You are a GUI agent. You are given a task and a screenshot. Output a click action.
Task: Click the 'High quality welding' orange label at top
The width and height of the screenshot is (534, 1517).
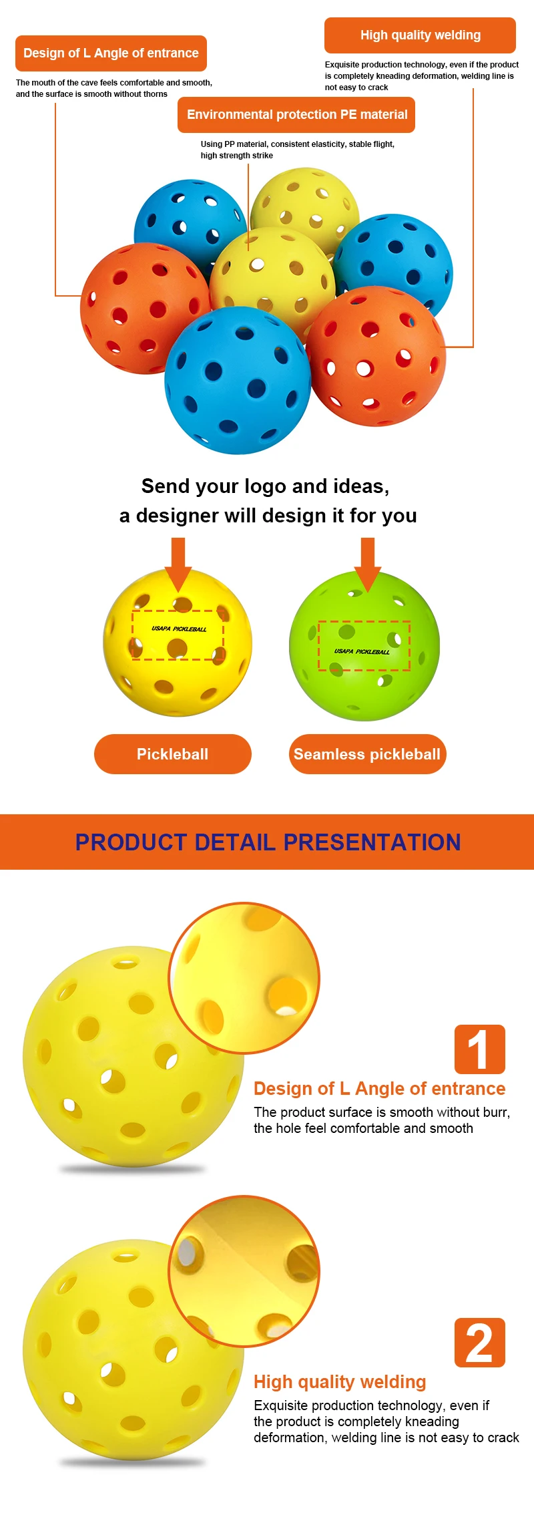[x=420, y=35]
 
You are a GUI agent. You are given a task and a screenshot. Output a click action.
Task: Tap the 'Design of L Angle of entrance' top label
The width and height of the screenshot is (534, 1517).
[x=111, y=53]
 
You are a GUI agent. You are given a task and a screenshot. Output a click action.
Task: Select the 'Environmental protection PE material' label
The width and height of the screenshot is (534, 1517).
[x=296, y=115]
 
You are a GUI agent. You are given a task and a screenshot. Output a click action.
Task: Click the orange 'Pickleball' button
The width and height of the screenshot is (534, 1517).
[x=172, y=754]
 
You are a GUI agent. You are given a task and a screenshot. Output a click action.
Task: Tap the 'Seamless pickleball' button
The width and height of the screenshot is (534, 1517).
[x=367, y=754]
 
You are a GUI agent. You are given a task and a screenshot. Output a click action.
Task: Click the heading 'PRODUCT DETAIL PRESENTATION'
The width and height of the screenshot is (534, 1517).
[x=267, y=842]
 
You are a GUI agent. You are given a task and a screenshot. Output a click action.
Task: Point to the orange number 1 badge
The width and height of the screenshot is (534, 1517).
[x=479, y=1049]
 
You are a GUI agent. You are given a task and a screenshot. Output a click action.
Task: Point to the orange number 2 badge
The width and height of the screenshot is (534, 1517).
[x=479, y=1343]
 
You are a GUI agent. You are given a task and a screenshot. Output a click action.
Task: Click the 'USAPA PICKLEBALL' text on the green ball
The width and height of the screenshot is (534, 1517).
[x=362, y=651]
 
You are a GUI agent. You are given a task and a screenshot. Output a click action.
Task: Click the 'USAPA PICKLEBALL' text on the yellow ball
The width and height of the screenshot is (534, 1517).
[x=179, y=629]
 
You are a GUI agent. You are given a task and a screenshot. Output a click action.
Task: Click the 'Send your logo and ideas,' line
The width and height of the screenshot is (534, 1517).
[x=265, y=486]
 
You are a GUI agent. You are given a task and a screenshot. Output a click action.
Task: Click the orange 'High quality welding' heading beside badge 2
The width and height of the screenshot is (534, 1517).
[x=340, y=1381]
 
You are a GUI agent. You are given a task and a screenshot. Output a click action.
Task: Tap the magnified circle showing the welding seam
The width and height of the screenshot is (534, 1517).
[x=244, y=1271]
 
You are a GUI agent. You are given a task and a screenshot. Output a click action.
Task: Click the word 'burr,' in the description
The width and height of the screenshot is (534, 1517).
[x=494, y=1112]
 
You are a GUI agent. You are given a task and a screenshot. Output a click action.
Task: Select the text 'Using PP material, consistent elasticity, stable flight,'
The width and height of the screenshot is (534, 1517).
[x=297, y=144]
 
